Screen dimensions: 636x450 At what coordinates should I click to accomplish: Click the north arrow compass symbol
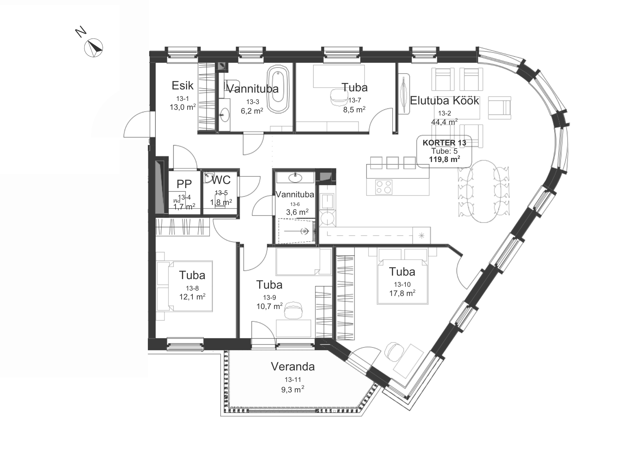coord(93,48)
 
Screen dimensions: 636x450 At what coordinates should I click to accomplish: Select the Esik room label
coord(183,85)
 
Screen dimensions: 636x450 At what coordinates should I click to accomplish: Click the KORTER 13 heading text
coord(444,143)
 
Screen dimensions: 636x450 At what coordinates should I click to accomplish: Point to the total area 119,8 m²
coord(444,159)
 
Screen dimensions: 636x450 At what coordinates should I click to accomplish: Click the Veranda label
coord(293,367)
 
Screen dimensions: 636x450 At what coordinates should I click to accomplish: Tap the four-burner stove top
coord(384,187)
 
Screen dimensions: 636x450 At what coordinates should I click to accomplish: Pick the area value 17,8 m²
coord(402,293)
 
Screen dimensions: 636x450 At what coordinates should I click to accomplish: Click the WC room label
coord(221,180)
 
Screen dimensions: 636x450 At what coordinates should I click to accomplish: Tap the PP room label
coord(184,184)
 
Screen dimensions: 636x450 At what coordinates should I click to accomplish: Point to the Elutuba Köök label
coord(444,101)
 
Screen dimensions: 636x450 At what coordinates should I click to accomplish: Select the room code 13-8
coord(192,288)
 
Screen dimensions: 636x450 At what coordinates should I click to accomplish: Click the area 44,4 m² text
coord(444,122)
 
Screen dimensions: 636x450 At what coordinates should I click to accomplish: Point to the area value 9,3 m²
coord(293,390)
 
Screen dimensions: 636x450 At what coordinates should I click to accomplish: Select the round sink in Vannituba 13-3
coord(225,115)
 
